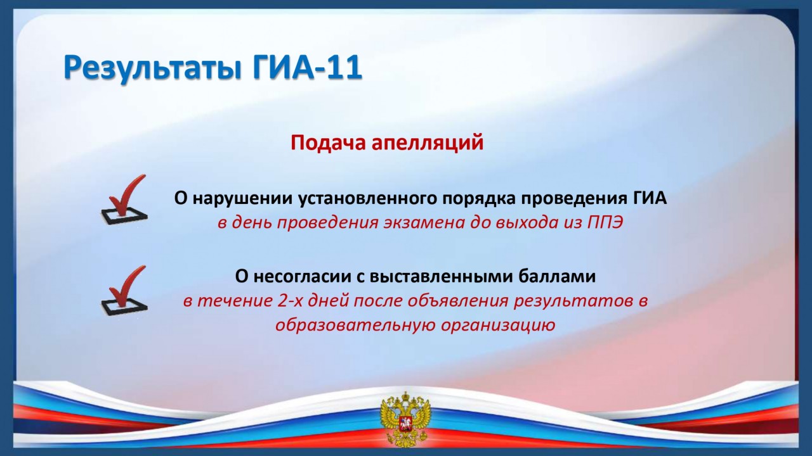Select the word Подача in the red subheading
point(327,142)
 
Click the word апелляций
point(428,143)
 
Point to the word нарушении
point(242,198)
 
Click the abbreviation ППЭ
point(605,223)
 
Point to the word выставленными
point(440,277)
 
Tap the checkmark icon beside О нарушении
point(124,199)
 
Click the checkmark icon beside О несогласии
point(124,290)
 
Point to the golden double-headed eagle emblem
point(405,421)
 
